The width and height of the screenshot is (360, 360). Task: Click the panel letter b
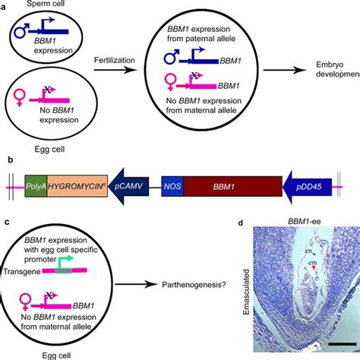pyautogui.click(x=7, y=160)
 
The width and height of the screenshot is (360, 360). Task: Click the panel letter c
pyautogui.click(x=6, y=222)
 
